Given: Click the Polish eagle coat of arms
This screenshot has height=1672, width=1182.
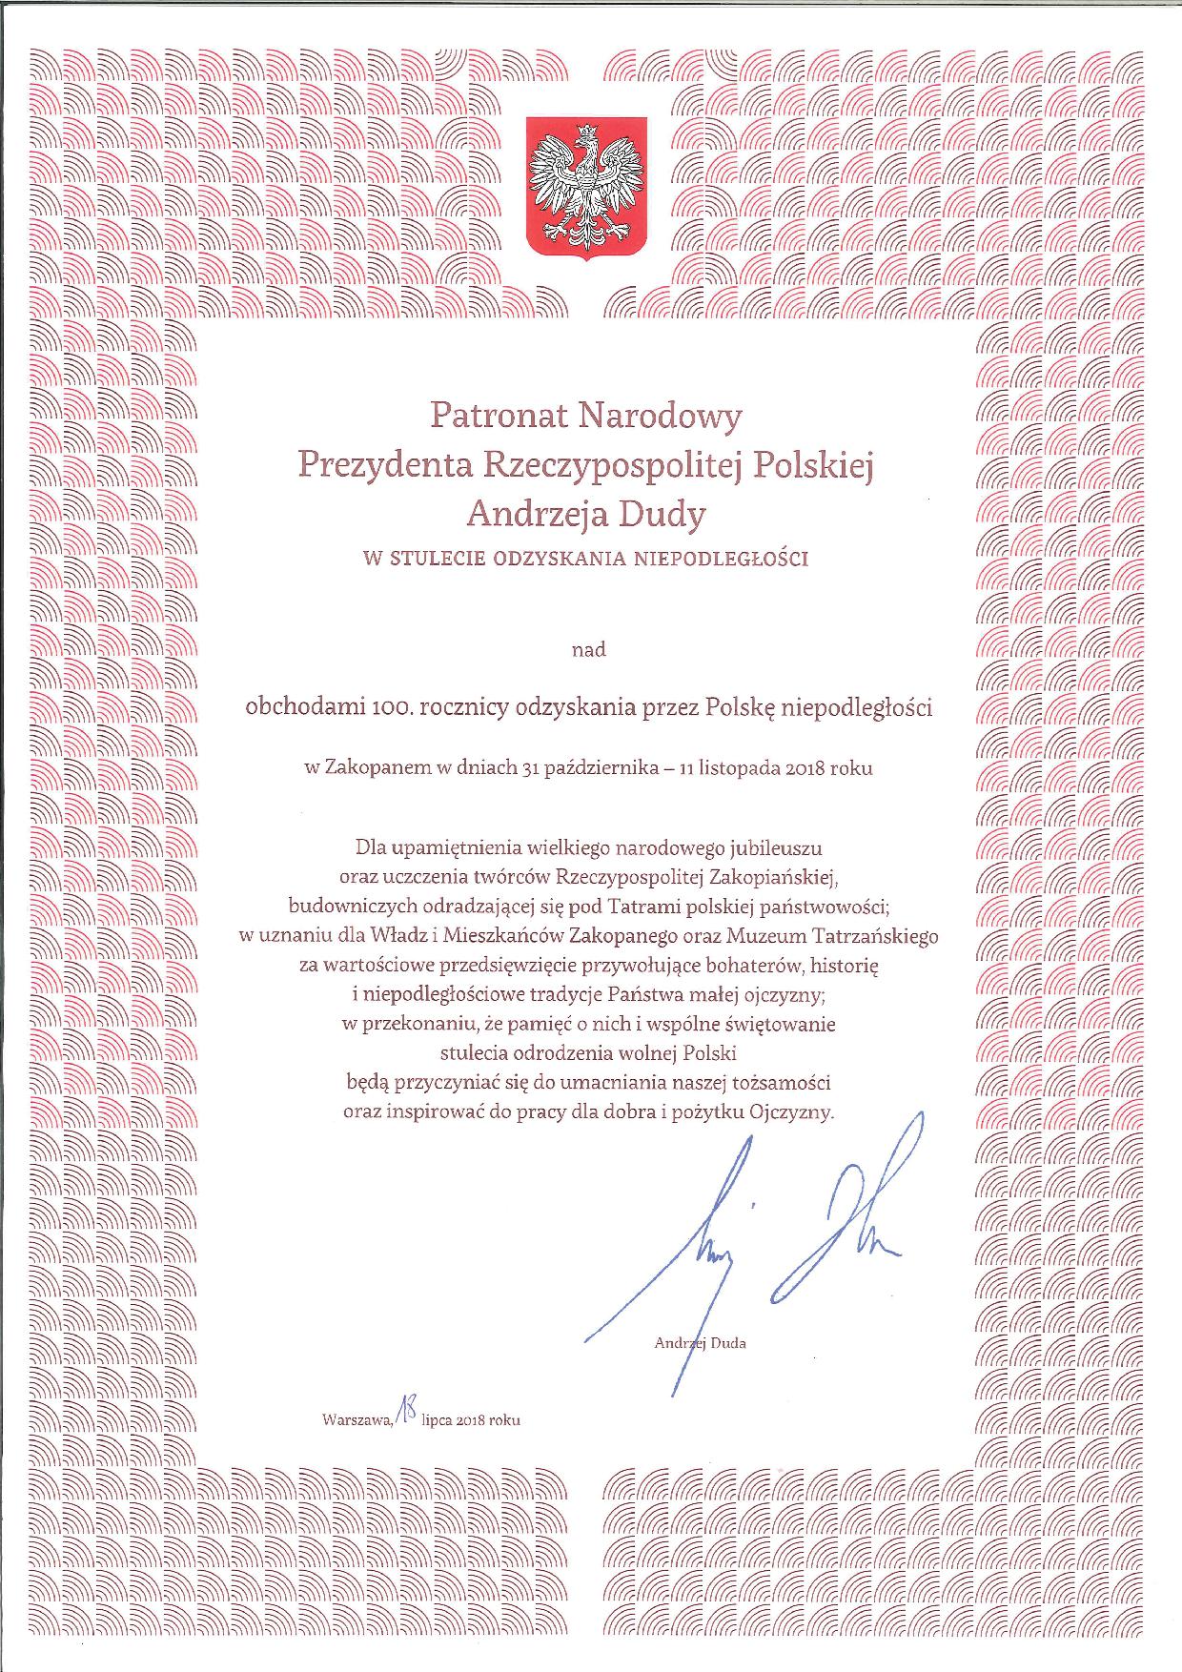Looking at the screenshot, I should (587, 186).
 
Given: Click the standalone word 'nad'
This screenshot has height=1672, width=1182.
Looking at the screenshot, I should (588, 651).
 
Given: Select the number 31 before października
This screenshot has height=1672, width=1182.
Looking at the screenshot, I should (531, 767).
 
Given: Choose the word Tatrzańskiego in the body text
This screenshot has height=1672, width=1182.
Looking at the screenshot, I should (881, 936).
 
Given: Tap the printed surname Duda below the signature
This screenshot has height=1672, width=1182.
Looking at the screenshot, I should (728, 1344).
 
